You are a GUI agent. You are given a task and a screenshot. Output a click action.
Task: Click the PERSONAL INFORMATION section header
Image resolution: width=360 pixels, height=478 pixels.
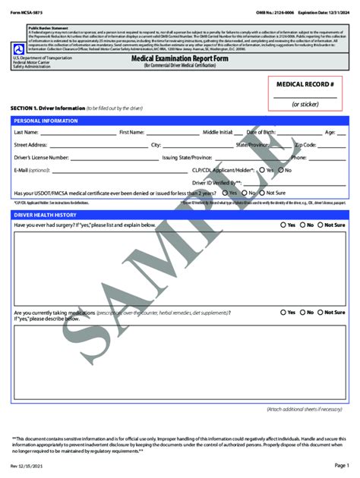pos(46,121)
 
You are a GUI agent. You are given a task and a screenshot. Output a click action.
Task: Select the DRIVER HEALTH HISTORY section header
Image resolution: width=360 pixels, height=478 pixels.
pos(48,215)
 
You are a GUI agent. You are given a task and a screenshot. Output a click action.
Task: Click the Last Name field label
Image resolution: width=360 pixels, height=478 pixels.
pos(27,132)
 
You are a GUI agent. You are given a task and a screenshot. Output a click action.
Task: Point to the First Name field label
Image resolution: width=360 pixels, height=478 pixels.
pos(132,132)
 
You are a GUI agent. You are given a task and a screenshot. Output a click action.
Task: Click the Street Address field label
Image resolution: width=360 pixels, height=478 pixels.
pos(31,144)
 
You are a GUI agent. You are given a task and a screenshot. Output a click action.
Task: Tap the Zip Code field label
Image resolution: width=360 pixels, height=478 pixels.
pos(305,144)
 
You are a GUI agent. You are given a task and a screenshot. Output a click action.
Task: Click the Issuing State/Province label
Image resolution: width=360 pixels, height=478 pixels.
pos(187,157)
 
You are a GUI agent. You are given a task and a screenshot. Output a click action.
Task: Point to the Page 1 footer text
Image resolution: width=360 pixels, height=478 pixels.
pos(341,464)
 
